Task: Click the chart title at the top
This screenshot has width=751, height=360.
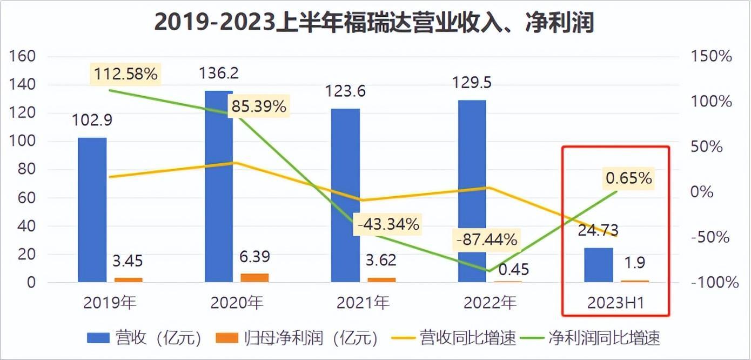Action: pyautogui.click(x=374, y=23)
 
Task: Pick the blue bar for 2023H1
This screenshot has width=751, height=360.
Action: pyautogui.click(x=599, y=265)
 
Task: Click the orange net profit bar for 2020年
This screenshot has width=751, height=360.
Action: pyautogui.click(x=254, y=278)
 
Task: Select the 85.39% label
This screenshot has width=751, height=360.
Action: pyautogui.click(x=258, y=106)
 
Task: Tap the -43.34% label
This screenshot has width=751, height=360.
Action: pyautogui.click(x=387, y=224)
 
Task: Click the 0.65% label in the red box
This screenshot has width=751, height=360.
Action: pyautogui.click(x=628, y=177)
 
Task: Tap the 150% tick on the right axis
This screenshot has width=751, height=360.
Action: pyautogui.click(x=710, y=56)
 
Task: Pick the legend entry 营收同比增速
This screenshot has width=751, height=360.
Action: pyautogui.click(x=449, y=339)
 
